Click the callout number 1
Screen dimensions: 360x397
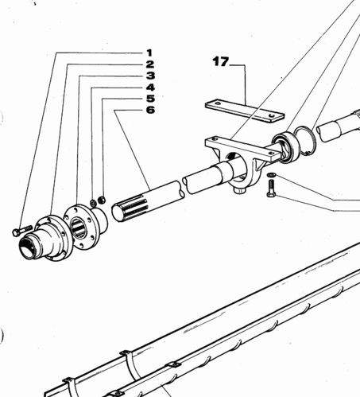pos(149,53)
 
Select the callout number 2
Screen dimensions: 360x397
pos(149,64)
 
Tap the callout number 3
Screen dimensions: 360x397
pos(150,76)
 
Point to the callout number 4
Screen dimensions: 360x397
pos(150,88)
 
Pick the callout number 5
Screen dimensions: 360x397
pos(150,99)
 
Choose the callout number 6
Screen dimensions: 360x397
pos(150,110)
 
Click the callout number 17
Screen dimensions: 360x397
pos(220,61)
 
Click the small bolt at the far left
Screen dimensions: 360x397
pos(22,231)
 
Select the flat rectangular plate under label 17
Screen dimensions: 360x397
pos(245,111)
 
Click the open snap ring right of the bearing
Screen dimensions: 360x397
pos(305,141)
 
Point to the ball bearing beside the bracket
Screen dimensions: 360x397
pos(286,147)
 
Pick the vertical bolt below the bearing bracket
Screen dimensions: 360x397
pos(271,189)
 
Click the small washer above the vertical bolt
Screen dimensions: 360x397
pos(272,174)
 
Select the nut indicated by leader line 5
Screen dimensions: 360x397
pos(102,200)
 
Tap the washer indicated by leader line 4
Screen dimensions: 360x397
pos(94,203)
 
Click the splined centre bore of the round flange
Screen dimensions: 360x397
pos(79,227)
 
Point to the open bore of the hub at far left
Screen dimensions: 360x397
pos(27,244)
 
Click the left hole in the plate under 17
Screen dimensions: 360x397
pos(217,103)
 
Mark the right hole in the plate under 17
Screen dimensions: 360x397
pos(271,116)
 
